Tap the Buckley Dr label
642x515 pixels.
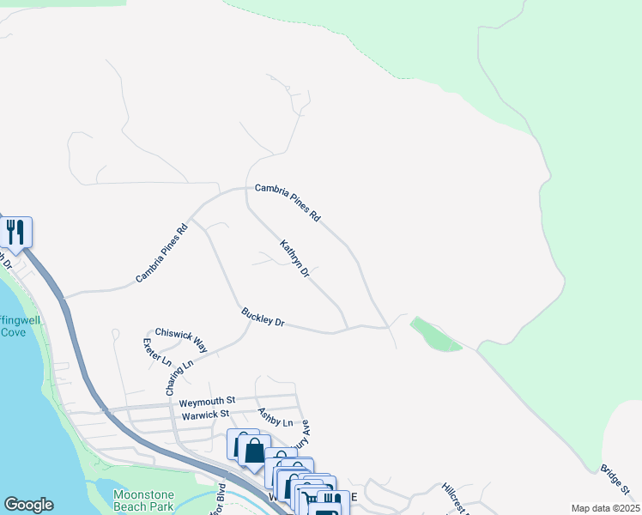pos(263,317)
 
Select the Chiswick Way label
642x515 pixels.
pos(181,339)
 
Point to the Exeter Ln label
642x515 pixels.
pos(157,352)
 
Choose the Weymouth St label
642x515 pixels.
pos(207,401)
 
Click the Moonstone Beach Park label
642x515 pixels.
pos(143,501)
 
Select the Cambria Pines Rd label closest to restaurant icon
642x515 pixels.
pos(161,255)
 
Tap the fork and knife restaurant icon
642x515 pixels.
pos(15,232)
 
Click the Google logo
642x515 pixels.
pos(28,505)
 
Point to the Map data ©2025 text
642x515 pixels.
pos(604,508)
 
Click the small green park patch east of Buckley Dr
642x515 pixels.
pos(436,335)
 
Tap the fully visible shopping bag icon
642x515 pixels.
pos(254,451)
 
